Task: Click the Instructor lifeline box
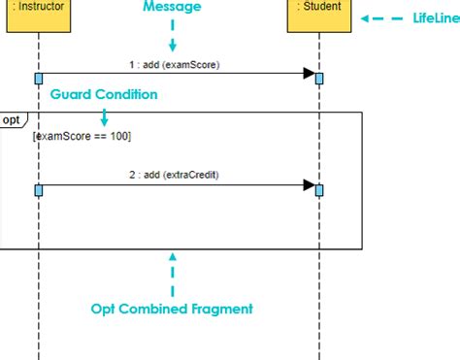[x=37, y=16]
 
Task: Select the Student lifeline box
[x=317, y=16]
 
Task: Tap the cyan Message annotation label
[x=172, y=8]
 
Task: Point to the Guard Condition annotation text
[x=104, y=95]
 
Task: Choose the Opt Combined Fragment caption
[x=172, y=310]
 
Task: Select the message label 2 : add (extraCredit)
[x=173, y=175]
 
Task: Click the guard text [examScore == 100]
[x=82, y=136]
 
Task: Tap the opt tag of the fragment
[x=11, y=120]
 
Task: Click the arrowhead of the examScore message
[x=309, y=74]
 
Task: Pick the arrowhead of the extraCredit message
[x=309, y=185]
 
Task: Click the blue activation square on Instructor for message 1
[x=38, y=78]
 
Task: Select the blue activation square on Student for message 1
[x=318, y=78]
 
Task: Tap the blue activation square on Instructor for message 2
[x=38, y=190]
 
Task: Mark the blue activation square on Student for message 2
[x=318, y=190]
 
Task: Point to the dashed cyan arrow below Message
[x=172, y=36]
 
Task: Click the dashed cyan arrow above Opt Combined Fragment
[x=172, y=275]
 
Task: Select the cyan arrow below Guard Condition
[x=104, y=117]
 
